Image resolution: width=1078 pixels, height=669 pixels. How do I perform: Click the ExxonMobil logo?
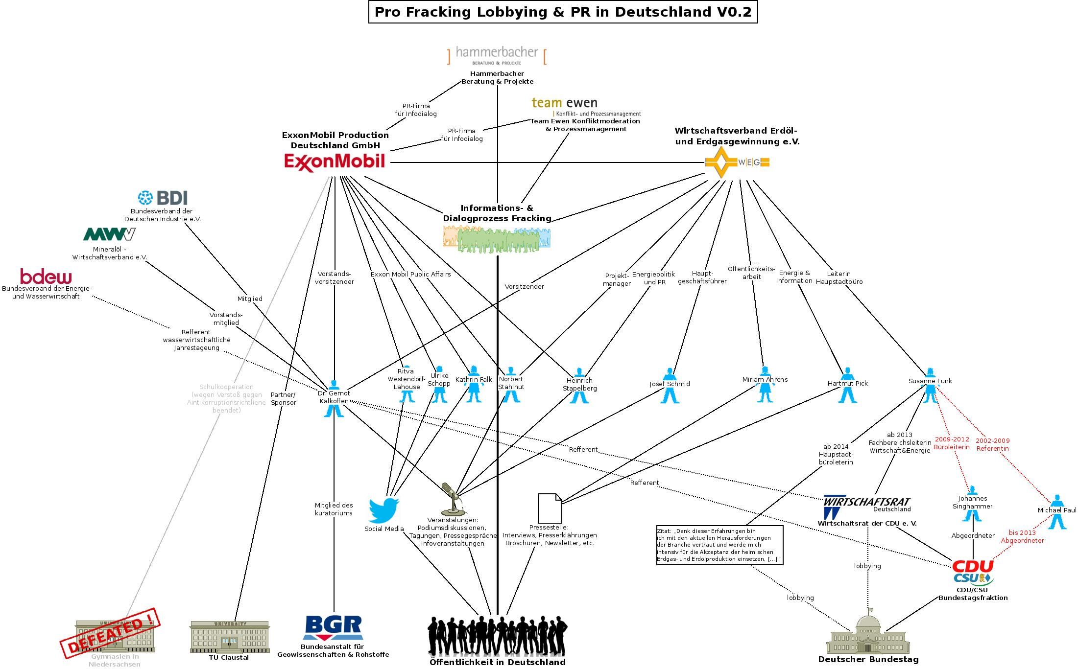335,162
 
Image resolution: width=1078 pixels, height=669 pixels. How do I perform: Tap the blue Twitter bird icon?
383,510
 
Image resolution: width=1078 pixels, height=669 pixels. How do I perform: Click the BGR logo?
333,628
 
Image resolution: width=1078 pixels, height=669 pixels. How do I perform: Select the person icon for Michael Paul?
1057,512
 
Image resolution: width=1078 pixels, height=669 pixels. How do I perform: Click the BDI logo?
163,198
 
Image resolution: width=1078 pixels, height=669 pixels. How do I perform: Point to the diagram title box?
563,12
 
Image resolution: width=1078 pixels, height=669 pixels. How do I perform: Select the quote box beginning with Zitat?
719,545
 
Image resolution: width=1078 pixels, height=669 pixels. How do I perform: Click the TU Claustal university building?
229,637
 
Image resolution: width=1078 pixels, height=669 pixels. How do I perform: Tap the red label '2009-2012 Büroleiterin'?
952,443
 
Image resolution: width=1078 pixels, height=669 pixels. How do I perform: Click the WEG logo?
737,162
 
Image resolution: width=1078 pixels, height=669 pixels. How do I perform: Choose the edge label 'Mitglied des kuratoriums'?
334,509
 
